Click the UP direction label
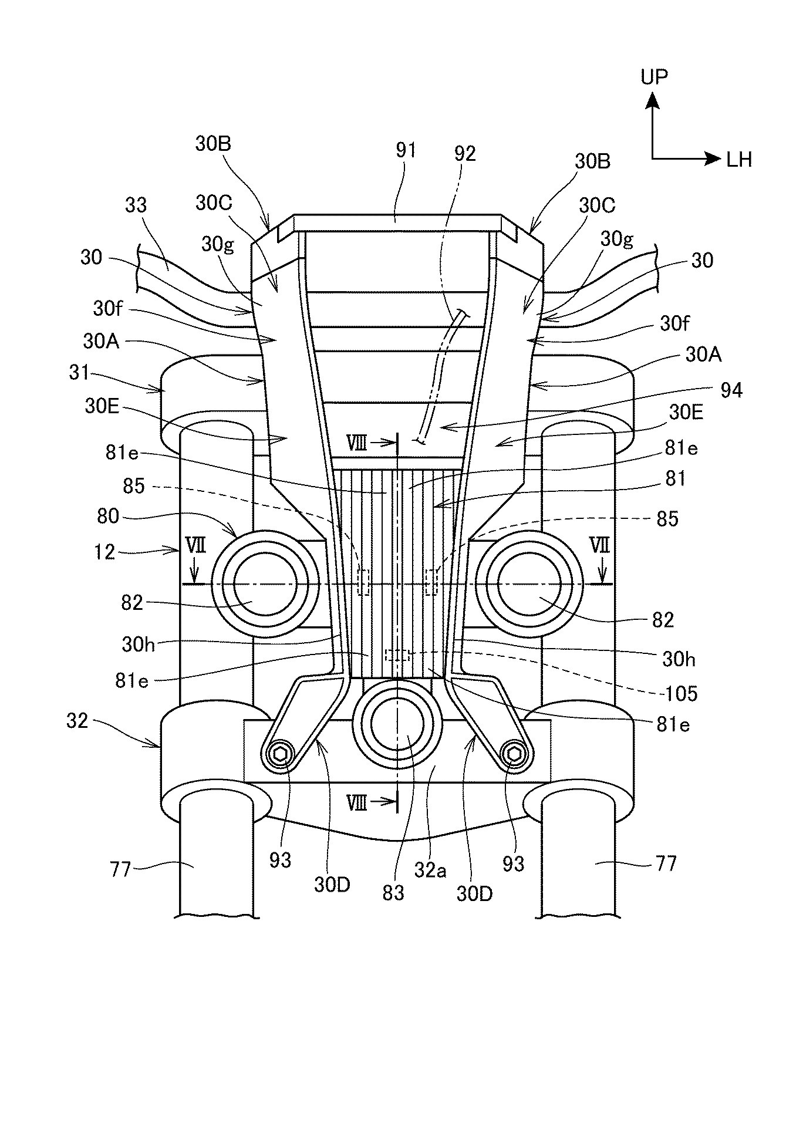[x=654, y=77]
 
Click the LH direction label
[x=739, y=159]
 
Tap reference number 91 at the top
[x=406, y=151]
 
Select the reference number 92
[x=465, y=153]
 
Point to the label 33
[x=136, y=205]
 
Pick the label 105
[x=681, y=694]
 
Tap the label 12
[x=104, y=552]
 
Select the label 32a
[x=431, y=869]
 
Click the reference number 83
[x=393, y=893]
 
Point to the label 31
[x=79, y=373]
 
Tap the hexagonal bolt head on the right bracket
[x=515, y=754]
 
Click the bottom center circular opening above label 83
[x=397, y=721]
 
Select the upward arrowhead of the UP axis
[x=652, y=103]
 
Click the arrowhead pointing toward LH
[x=711, y=158]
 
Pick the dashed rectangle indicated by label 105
[x=397, y=654]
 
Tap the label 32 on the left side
[x=77, y=721]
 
